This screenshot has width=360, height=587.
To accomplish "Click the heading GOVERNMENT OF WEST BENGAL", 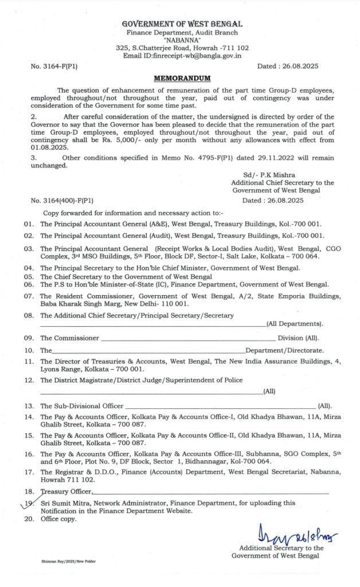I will [x=182, y=24].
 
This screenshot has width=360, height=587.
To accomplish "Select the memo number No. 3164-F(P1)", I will [x=54, y=66].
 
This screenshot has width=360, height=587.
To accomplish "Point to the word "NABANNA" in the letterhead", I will [x=181, y=40].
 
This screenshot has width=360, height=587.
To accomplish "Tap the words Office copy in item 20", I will [x=58, y=519].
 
